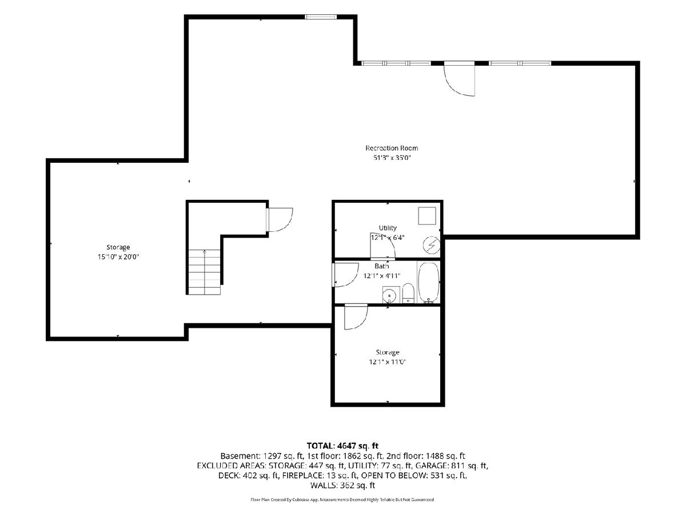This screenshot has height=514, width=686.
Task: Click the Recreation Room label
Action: click(x=392, y=148)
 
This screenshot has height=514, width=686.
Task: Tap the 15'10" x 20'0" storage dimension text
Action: click(x=118, y=257)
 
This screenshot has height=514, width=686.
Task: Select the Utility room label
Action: click(x=388, y=228)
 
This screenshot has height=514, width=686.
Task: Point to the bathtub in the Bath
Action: click(x=429, y=283)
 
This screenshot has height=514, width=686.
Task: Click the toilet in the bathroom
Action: click(x=408, y=293)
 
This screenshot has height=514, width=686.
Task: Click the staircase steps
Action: click(x=205, y=272)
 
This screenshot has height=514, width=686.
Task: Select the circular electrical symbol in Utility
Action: click(x=431, y=246)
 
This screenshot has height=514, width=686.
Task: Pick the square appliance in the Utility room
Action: click(x=427, y=216)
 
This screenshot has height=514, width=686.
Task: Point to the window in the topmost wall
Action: click(x=321, y=17)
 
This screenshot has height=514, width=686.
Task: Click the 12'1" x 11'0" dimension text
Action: click(x=387, y=362)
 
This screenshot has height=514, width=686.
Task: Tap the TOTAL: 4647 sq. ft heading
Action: click(x=342, y=445)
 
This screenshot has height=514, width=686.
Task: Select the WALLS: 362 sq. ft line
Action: click(x=342, y=485)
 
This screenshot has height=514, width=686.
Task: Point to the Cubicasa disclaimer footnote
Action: click(x=342, y=500)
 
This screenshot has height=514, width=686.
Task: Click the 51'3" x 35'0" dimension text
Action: click(x=392, y=158)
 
